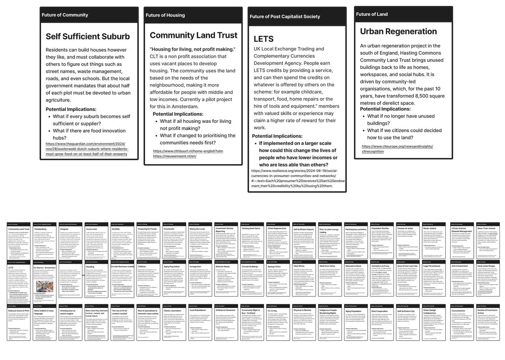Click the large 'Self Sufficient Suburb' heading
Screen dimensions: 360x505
(x=88, y=36)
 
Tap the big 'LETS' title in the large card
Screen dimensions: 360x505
(x=264, y=39)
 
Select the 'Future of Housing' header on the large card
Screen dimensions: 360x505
(x=165, y=15)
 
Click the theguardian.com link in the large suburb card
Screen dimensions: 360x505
(x=87, y=149)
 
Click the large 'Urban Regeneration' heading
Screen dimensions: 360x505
(x=398, y=31)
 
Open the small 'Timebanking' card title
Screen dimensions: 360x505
(x=40, y=229)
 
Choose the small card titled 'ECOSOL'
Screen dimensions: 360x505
(x=116, y=229)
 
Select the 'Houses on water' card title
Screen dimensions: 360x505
(x=405, y=229)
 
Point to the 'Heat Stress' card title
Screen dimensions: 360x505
(x=299, y=266)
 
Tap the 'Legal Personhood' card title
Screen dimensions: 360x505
(x=432, y=266)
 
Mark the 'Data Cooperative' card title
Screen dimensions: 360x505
(x=380, y=311)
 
